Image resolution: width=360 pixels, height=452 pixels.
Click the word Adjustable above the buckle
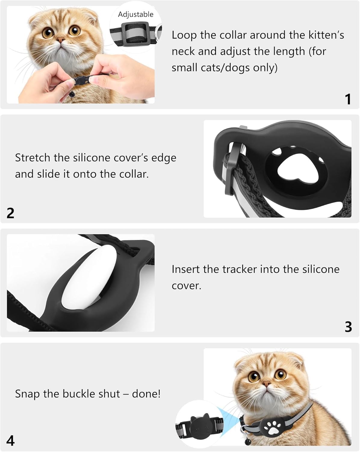pyautogui.click(x=135, y=15)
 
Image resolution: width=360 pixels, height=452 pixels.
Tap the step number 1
pyautogui.click(x=348, y=99)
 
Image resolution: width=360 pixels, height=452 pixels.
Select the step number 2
pyautogui.click(x=11, y=213)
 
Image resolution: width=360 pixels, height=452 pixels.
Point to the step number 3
pyautogui.click(x=348, y=327)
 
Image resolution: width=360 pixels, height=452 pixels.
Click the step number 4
pyautogui.click(x=11, y=441)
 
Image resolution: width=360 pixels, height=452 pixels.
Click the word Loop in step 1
pyautogui.click(x=184, y=35)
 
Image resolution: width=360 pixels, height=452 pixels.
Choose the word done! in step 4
pyautogui.click(x=146, y=394)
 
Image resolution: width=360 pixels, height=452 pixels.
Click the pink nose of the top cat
pyautogui.click(x=61, y=39)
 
